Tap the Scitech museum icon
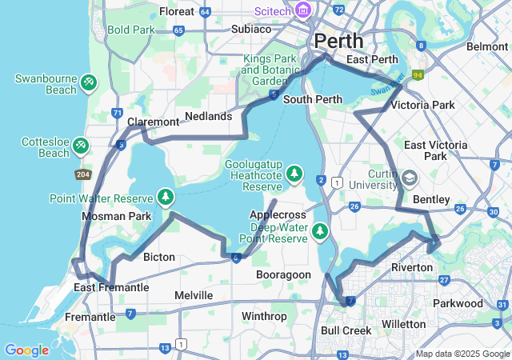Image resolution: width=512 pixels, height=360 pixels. pos(304,10)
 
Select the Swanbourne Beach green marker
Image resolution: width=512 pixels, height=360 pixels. pos(89,82)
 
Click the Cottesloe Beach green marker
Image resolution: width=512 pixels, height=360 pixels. pos(81,146)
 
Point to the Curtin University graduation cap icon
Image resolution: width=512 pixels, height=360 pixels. pos(410,178)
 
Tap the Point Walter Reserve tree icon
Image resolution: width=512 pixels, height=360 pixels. pos(166,196)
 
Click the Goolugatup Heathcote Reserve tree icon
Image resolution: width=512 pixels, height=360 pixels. pos(295,173)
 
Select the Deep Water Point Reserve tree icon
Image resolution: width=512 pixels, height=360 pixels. pos(320,231)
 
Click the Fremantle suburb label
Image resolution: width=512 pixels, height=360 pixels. pos(90,317)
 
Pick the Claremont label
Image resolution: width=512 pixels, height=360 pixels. pos(154,122)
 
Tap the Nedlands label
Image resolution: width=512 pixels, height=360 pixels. pos(208,116)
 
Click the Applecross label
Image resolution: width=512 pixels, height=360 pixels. pos(278,215)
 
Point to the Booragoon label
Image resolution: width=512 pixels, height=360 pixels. pos(283,274)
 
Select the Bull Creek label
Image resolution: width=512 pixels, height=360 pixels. pos(346,330)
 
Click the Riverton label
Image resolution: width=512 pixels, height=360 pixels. pos(412,266)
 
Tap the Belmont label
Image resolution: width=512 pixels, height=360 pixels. pos(486,46)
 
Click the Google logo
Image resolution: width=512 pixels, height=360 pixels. pos(26,350)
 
